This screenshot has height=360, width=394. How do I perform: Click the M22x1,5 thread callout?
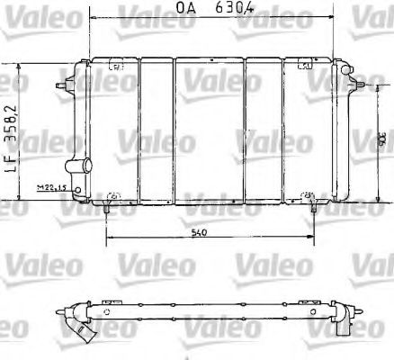52,188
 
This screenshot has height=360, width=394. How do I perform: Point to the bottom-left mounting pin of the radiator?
108,207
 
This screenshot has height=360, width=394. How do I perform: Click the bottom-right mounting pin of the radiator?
313,206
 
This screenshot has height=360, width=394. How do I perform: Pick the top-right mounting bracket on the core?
303,65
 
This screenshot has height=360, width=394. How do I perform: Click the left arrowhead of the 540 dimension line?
110,240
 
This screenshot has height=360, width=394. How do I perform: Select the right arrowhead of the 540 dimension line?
310,240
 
